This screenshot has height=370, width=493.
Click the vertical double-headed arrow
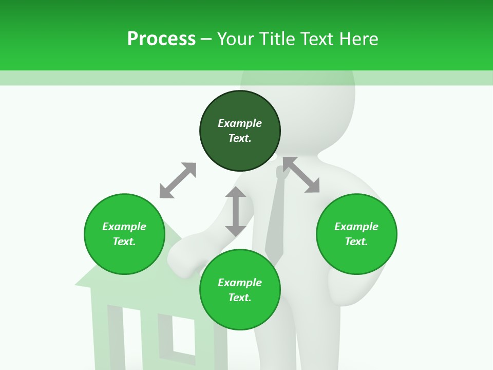pos(236,211)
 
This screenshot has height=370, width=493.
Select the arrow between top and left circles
pos(178,180)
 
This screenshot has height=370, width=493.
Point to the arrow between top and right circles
pos(301,175)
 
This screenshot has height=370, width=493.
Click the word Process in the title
pos(161,39)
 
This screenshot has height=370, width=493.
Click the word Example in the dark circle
pos(240,123)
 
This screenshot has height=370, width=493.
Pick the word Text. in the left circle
pos(124,242)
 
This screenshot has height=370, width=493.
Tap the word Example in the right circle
pos(356,227)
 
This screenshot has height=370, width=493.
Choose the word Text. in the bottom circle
pos(240,298)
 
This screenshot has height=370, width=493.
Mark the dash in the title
pos(206,39)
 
